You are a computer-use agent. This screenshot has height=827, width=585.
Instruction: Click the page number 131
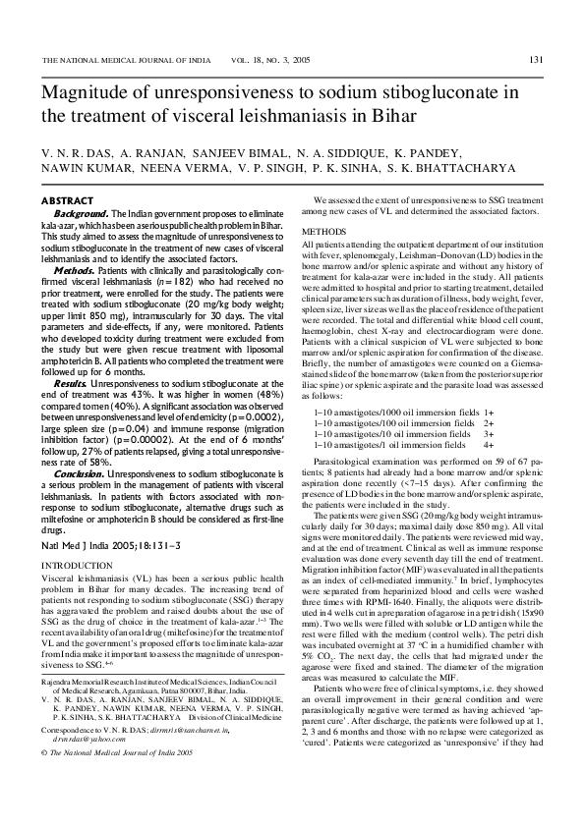[536, 60]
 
